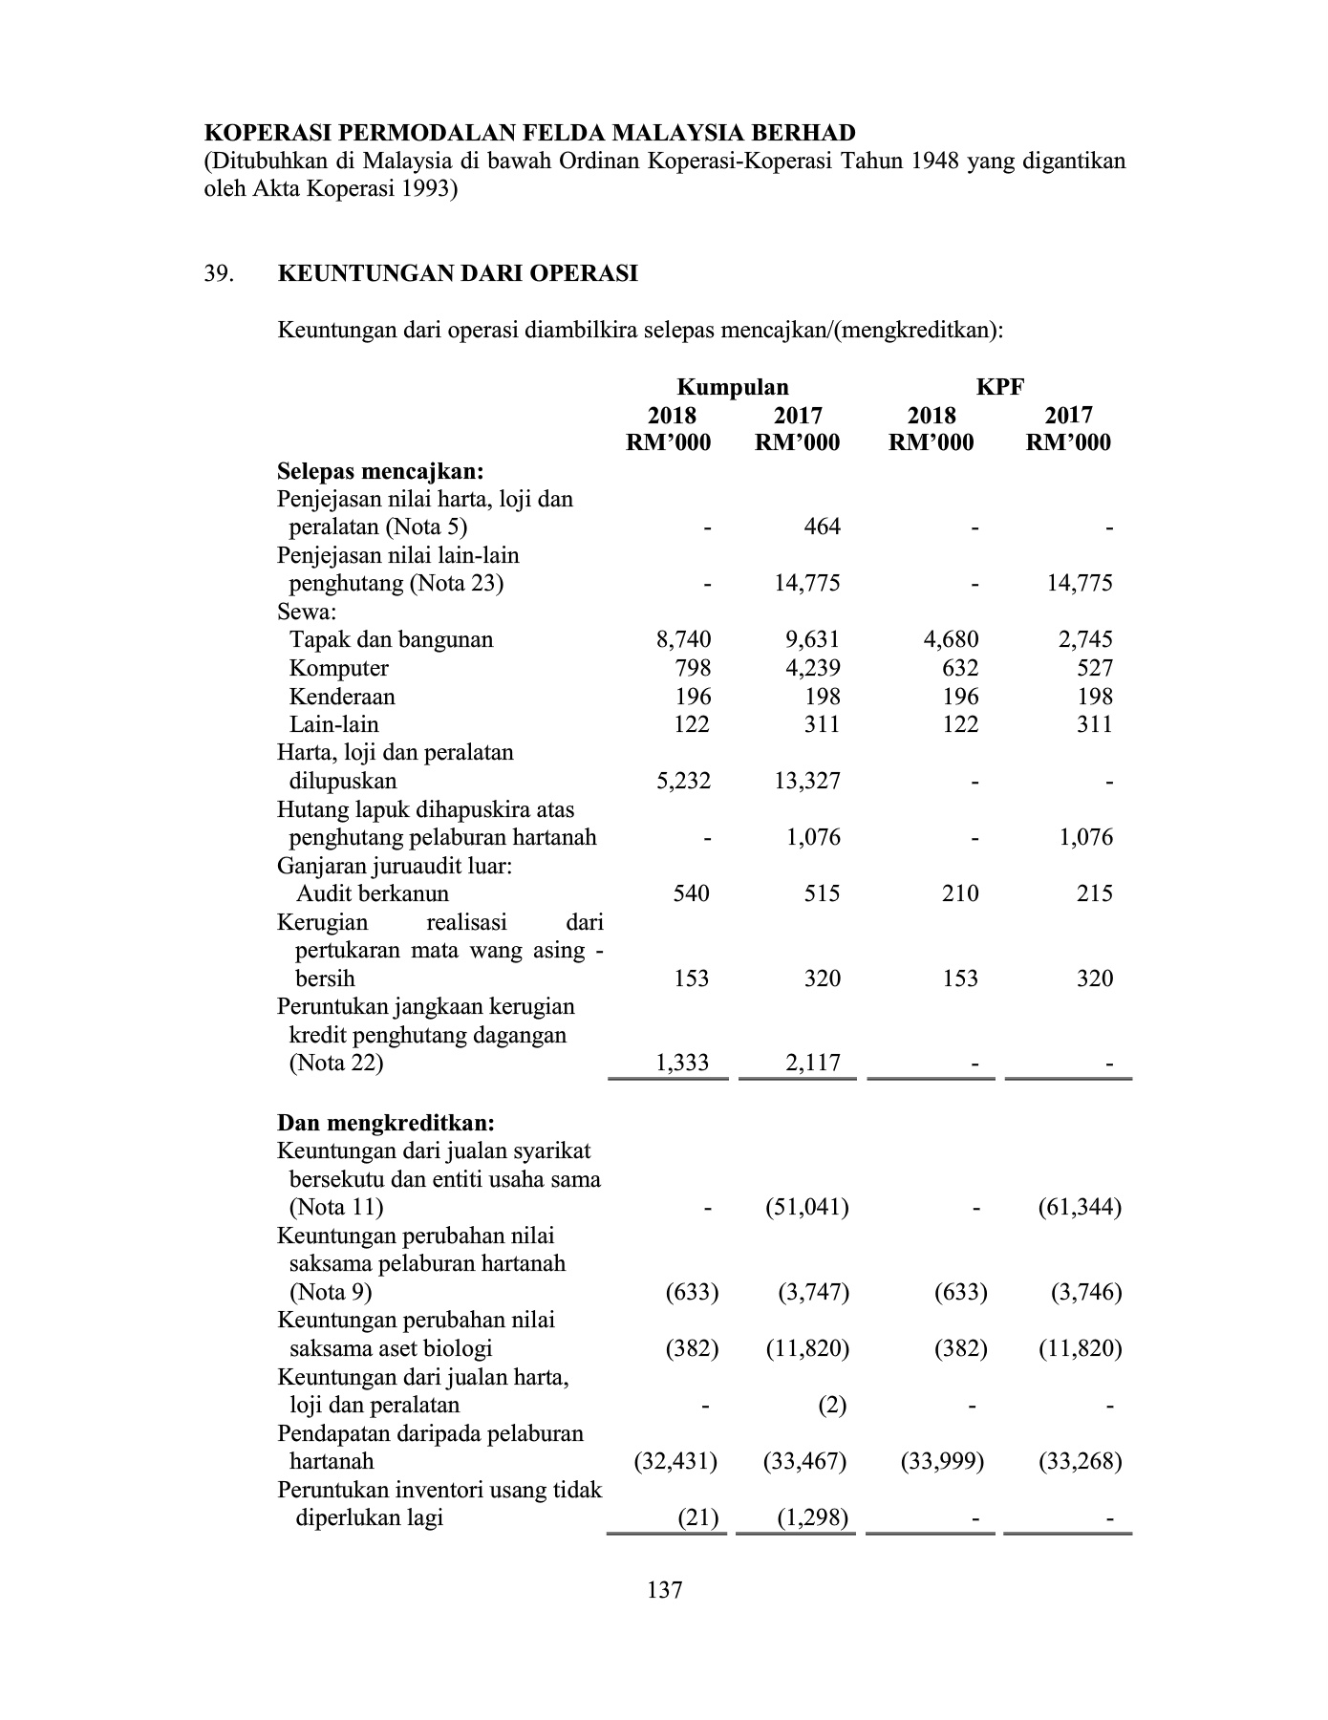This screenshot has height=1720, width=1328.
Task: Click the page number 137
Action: (x=664, y=1590)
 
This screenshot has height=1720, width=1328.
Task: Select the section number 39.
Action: (x=219, y=274)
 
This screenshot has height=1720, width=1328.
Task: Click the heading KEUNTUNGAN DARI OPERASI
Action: (x=458, y=274)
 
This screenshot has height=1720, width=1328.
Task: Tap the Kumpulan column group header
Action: (x=733, y=387)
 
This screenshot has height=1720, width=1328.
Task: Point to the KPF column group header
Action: (x=999, y=387)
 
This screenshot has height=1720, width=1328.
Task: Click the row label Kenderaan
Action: (x=342, y=697)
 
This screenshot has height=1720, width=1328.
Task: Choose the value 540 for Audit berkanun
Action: (x=692, y=893)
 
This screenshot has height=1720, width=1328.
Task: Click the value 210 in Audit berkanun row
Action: (x=959, y=893)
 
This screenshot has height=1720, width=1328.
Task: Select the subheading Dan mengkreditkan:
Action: (x=386, y=1123)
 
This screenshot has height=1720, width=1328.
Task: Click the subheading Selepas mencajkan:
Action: (x=380, y=471)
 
